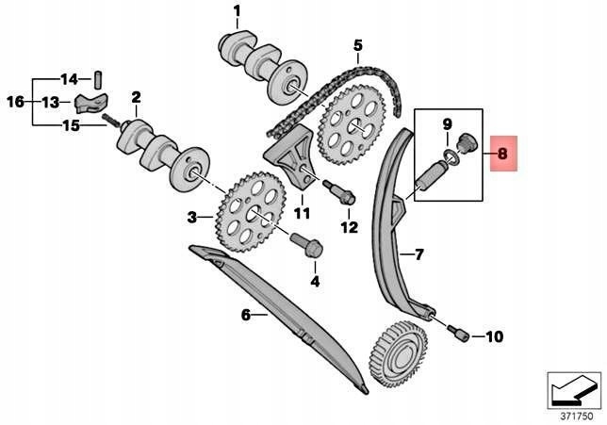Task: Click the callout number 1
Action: [237, 11]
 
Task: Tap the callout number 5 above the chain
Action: [358, 44]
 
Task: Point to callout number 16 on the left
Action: [14, 101]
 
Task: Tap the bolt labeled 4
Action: [308, 248]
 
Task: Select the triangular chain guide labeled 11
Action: [291, 161]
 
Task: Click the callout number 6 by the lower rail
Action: [246, 315]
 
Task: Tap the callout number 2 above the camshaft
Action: [136, 96]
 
